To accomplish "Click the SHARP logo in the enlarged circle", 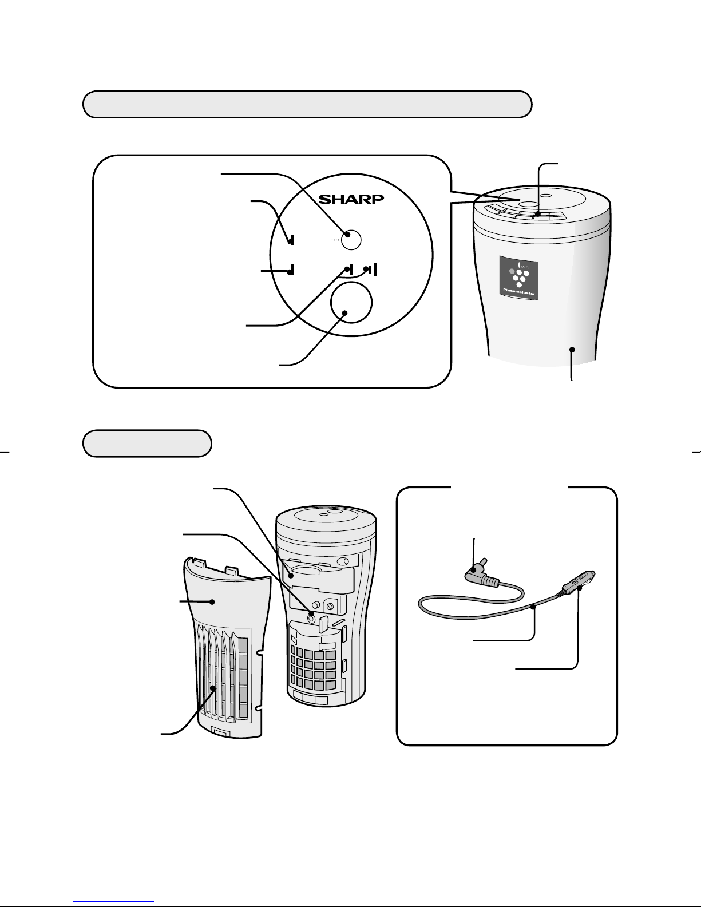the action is (x=351, y=199).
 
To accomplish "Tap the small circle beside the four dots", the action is (x=351, y=240).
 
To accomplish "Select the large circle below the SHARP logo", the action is (x=351, y=303).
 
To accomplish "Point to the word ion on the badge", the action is (x=524, y=266).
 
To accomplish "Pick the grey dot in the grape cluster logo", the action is (x=512, y=271).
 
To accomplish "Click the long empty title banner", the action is (x=307, y=104).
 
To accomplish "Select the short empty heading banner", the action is (x=147, y=443).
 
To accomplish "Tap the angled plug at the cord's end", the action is (x=481, y=575).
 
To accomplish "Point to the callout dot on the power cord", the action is (x=533, y=608).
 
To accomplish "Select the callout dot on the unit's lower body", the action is (x=572, y=350).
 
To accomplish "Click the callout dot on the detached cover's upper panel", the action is (x=212, y=601).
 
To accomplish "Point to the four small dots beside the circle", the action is (x=335, y=240).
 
